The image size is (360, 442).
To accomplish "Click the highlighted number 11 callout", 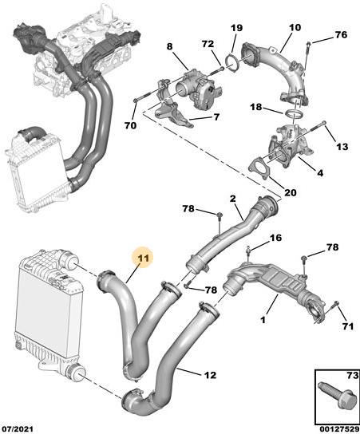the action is pos(143,258).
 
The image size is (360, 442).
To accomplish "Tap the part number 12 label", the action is pos(210,375).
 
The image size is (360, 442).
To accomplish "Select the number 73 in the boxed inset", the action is pos(352,375).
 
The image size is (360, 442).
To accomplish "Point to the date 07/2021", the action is pos(18,429).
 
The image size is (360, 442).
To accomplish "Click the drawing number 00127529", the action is pos(339,429).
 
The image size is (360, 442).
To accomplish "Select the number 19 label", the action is pos(237,28).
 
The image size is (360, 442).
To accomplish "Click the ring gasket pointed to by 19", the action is pos(233,65).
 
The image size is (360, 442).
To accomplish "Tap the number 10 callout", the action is pos(295,27).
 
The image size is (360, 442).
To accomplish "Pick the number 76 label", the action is pos(341,34).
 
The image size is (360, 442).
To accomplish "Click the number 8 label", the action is pos(169,46).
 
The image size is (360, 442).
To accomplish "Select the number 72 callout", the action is pos(208,44).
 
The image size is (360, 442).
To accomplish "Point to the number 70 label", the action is pos(130,125).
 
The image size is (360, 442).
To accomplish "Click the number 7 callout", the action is pos(216,116).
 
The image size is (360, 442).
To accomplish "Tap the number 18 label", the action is pos(256,107).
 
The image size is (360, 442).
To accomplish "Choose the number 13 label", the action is pos(342,146).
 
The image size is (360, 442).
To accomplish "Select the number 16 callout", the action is pos(275,238).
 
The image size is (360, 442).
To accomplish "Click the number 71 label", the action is pos(348,326).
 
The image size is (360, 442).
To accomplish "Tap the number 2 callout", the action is pos(232,199).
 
